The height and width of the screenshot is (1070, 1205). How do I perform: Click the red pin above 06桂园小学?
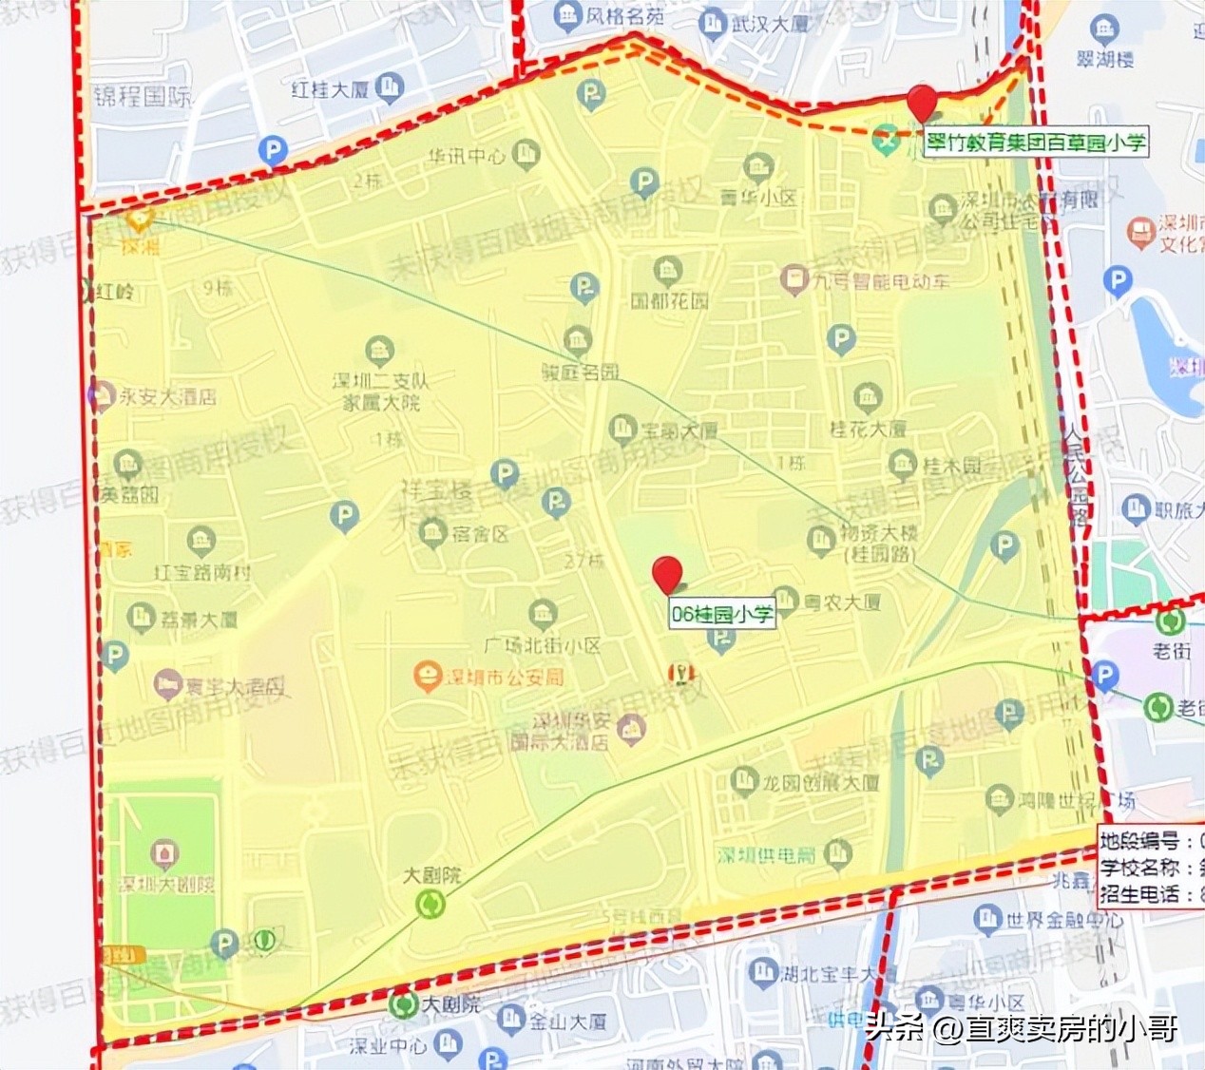668,574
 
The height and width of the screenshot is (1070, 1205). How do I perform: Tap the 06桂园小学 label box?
722,614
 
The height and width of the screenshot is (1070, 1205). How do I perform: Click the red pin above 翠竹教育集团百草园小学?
921,102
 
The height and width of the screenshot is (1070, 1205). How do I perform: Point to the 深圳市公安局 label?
505,677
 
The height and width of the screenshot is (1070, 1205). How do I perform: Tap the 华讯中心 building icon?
526,153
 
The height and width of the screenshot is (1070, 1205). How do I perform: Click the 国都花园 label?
670,301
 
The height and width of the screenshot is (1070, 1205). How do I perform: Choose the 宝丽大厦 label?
679,430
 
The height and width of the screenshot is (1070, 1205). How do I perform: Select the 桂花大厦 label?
868,429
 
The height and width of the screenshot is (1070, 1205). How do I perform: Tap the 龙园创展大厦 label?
821,784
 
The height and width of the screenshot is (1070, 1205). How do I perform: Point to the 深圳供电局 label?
767,855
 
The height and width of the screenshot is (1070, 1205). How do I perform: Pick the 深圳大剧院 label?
165,884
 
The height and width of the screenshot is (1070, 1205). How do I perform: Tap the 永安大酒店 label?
167,396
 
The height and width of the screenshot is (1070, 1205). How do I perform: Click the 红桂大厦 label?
330,90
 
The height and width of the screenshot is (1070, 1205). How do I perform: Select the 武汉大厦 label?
770,24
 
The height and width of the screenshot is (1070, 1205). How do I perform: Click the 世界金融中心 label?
1063,920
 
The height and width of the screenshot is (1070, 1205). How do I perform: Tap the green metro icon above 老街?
1170,621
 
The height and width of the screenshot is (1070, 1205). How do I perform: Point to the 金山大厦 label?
567,1022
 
